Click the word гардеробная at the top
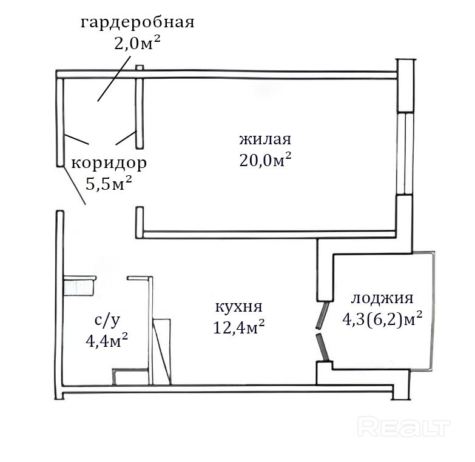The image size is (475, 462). coord(137,23)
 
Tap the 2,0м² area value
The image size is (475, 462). coord(137,42)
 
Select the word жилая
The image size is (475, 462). coord(265,139)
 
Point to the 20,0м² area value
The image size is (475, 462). coord(265,159)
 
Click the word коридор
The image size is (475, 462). coord(109,164)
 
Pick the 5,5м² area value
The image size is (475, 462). coord(109,183)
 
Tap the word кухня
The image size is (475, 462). coord(238,307)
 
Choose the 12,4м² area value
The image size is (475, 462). coord(239,327)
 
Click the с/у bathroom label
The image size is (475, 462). coord(107,321)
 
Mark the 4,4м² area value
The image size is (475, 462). coord(107,341)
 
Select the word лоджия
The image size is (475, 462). coord(382,298)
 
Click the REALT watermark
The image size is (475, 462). coord(404,426)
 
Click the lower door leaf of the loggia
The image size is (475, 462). coord(322,347)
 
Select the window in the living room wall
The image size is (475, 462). coord(405,153)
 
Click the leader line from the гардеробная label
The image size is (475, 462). coord(114,78)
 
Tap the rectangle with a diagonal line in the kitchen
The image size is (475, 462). coord(162,352)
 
